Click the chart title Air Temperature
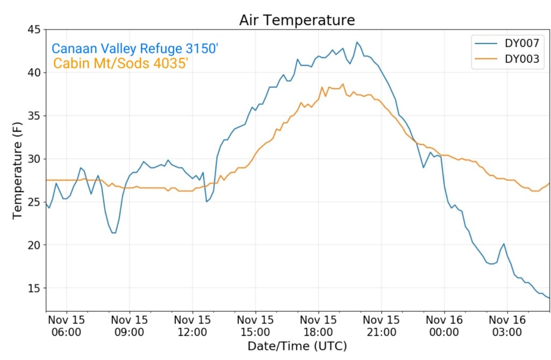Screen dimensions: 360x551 click(297, 20)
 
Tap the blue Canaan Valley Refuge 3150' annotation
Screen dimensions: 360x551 click(135, 49)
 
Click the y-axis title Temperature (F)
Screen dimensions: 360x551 click(17, 170)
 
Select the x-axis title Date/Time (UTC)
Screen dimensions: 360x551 click(297, 345)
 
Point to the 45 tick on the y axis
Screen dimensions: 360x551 click(33, 30)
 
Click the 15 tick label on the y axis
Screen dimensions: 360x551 click(33, 288)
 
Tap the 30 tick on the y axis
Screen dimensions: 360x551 click(33, 159)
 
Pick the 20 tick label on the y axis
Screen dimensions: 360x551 click(33, 245)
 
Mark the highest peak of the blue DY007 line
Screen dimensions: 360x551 click(356, 42)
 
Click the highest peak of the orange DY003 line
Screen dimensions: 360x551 click(343, 84)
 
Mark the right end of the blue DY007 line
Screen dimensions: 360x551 click(549, 298)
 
